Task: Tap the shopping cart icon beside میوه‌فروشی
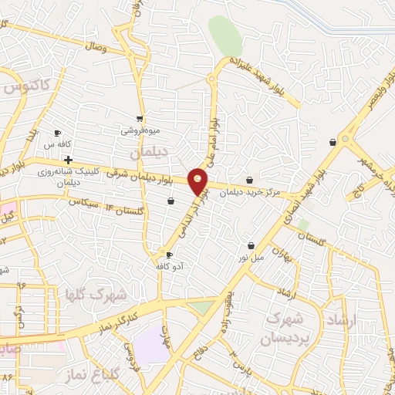(x=139, y=119)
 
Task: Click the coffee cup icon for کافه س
(x=57, y=133)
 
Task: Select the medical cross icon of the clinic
(x=69, y=160)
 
